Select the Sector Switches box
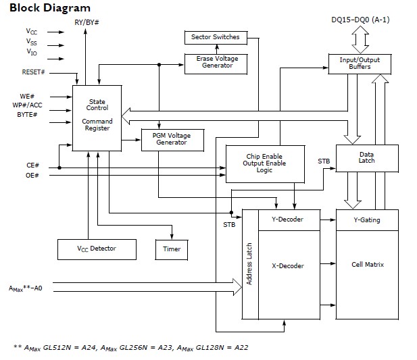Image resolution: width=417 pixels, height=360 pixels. point(216,36)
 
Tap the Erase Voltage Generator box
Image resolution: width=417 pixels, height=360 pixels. point(216,61)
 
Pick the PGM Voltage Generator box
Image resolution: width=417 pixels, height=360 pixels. point(167,139)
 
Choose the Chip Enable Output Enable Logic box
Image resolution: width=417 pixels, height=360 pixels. point(266,163)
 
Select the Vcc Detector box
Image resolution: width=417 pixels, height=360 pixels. point(96,249)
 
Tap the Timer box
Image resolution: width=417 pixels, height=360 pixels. point(172,249)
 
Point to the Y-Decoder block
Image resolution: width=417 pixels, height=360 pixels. point(287,220)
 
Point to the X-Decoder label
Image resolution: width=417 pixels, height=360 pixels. point(287,266)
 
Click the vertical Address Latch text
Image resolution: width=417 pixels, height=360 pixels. point(249,263)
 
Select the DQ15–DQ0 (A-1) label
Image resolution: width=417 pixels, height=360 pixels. point(360,19)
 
